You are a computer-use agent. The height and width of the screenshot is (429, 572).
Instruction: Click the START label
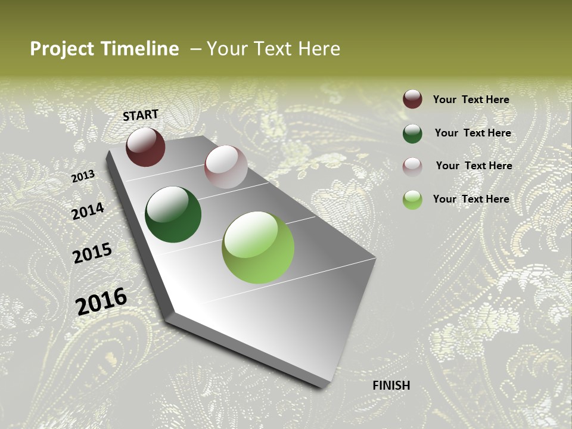click(141, 115)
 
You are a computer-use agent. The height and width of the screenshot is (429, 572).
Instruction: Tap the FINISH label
click(391, 386)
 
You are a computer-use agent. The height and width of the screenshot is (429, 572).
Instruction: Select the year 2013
click(83, 176)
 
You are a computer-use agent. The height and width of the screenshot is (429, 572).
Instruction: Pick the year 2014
click(88, 212)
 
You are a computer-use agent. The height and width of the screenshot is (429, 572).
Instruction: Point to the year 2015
click(92, 253)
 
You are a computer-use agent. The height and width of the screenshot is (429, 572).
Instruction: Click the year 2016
click(101, 301)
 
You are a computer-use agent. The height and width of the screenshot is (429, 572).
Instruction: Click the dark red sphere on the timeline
click(145, 147)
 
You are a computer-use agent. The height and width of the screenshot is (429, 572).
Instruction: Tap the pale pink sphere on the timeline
click(226, 167)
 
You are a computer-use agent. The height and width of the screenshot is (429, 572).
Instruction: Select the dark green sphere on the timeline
click(173, 214)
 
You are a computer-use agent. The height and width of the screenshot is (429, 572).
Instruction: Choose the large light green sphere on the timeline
click(258, 247)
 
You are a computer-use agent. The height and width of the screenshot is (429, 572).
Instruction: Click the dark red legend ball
click(412, 100)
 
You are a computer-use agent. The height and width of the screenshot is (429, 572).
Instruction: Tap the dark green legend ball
click(412, 133)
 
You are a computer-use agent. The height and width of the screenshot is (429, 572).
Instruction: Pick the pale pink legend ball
click(412, 166)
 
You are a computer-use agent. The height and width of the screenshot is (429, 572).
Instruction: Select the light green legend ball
click(412, 200)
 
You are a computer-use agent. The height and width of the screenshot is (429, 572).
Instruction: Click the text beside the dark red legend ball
click(471, 100)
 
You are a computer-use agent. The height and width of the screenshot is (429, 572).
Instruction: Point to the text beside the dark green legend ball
click(472, 133)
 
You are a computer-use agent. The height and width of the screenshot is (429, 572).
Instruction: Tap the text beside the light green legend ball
click(471, 199)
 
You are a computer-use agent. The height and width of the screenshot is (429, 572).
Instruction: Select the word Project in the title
click(62, 49)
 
